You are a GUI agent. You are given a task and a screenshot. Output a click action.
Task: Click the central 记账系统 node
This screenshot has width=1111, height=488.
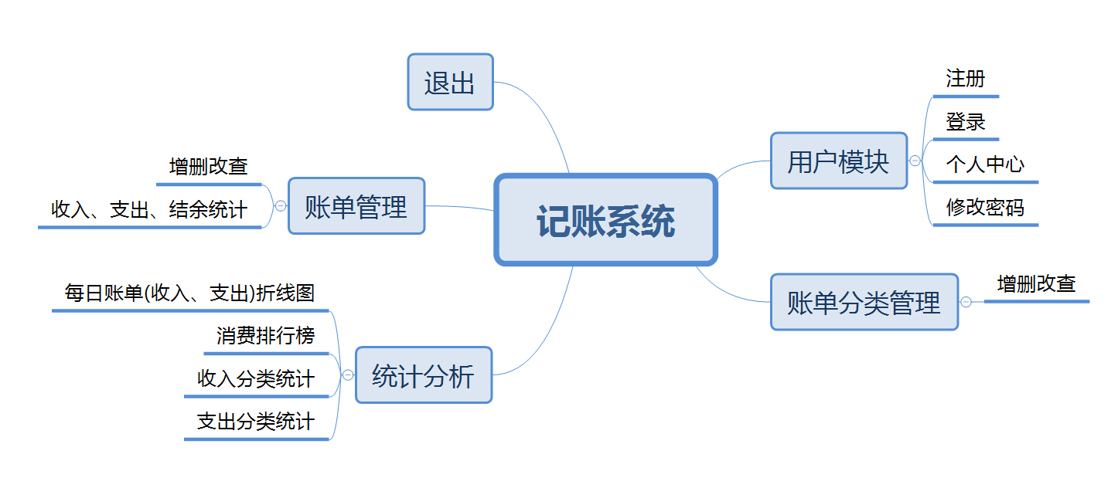click(605, 219)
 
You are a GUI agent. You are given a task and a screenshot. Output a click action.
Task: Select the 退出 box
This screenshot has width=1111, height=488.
click(450, 82)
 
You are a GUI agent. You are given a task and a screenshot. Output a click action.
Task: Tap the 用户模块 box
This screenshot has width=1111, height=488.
click(839, 161)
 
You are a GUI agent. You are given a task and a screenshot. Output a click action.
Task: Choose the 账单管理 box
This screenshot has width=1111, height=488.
click(356, 205)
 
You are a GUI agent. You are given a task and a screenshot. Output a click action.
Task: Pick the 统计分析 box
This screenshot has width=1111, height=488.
click(424, 375)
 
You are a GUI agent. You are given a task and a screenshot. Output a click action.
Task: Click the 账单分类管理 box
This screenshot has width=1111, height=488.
click(864, 302)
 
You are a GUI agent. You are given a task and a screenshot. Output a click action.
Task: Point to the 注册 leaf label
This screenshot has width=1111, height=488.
click(965, 78)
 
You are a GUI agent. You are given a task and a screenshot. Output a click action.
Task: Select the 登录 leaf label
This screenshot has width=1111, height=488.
click(965, 121)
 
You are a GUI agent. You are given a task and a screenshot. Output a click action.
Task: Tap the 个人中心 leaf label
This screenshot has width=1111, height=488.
click(985, 164)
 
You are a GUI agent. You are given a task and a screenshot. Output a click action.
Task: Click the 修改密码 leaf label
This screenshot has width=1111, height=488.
click(985, 207)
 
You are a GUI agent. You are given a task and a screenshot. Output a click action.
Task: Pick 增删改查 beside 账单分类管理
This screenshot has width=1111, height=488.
click(1036, 284)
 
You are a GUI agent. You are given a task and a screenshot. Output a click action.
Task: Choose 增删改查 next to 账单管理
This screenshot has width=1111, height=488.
click(208, 167)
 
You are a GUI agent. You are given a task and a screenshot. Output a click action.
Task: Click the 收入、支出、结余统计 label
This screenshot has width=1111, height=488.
click(148, 209)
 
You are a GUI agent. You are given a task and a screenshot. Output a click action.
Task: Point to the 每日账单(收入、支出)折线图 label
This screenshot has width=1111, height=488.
click(189, 293)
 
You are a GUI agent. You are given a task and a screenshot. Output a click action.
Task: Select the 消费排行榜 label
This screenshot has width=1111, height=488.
click(265, 335)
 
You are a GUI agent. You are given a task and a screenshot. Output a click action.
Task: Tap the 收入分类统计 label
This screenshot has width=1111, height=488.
click(255, 378)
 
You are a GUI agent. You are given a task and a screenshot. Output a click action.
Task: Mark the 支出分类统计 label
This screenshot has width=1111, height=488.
click(255, 422)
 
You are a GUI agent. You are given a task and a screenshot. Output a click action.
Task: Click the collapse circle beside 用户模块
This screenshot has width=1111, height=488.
click(915, 161)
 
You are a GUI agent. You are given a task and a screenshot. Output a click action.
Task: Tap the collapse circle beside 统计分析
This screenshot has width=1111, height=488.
click(348, 375)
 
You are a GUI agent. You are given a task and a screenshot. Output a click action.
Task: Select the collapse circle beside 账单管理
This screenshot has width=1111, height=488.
click(281, 205)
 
